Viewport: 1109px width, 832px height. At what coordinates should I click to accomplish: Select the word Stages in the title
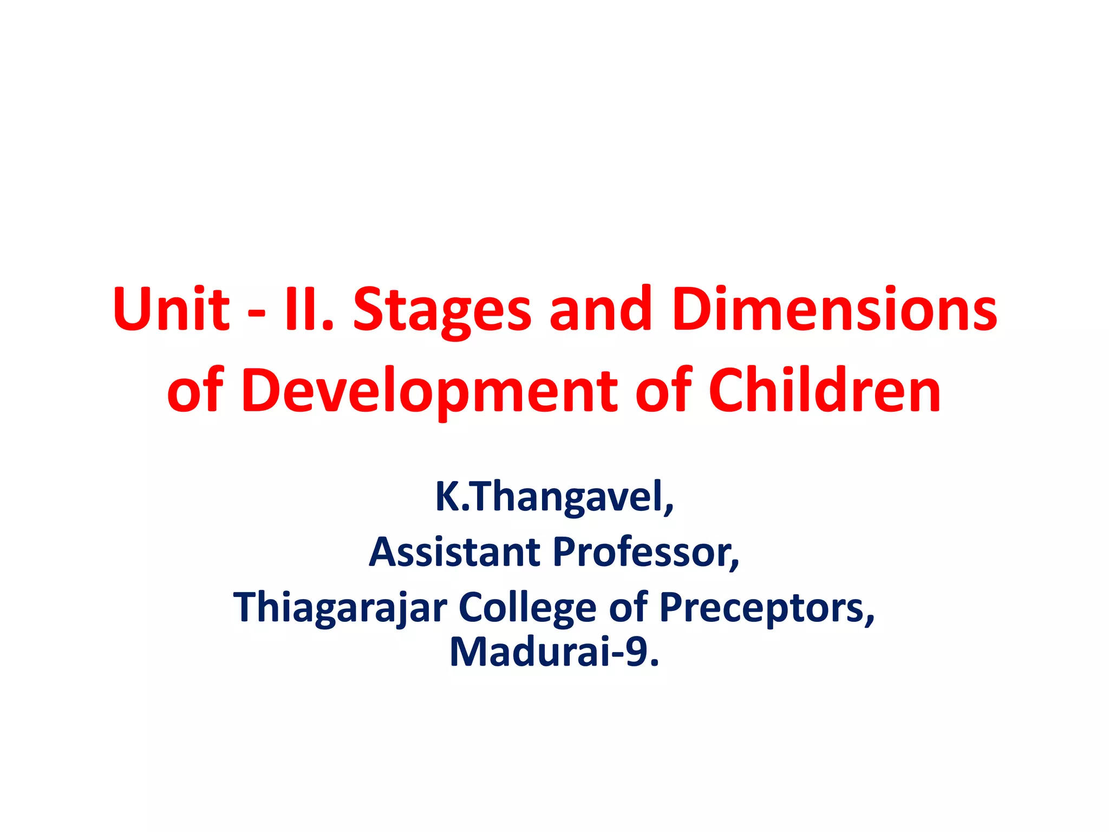pyautogui.click(x=442, y=310)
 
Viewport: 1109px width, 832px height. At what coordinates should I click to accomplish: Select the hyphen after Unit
pyautogui.click(x=256, y=313)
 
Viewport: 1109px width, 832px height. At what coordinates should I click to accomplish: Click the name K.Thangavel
pyautogui.click(x=554, y=497)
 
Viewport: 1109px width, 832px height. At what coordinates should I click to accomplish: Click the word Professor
pyautogui.click(x=645, y=552)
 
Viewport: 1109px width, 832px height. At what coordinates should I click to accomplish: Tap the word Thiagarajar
pyautogui.click(x=340, y=608)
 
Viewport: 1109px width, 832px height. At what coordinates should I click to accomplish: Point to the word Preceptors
pyautogui.click(x=766, y=608)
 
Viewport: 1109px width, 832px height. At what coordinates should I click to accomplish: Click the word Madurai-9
pyautogui.click(x=554, y=652)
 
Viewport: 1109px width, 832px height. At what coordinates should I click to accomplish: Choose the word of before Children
pyautogui.click(x=663, y=390)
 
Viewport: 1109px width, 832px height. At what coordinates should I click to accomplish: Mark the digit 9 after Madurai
pyautogui.click(x=637, y=652)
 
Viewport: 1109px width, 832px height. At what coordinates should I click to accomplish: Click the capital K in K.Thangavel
pyautogui.click(x=447, y=496)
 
